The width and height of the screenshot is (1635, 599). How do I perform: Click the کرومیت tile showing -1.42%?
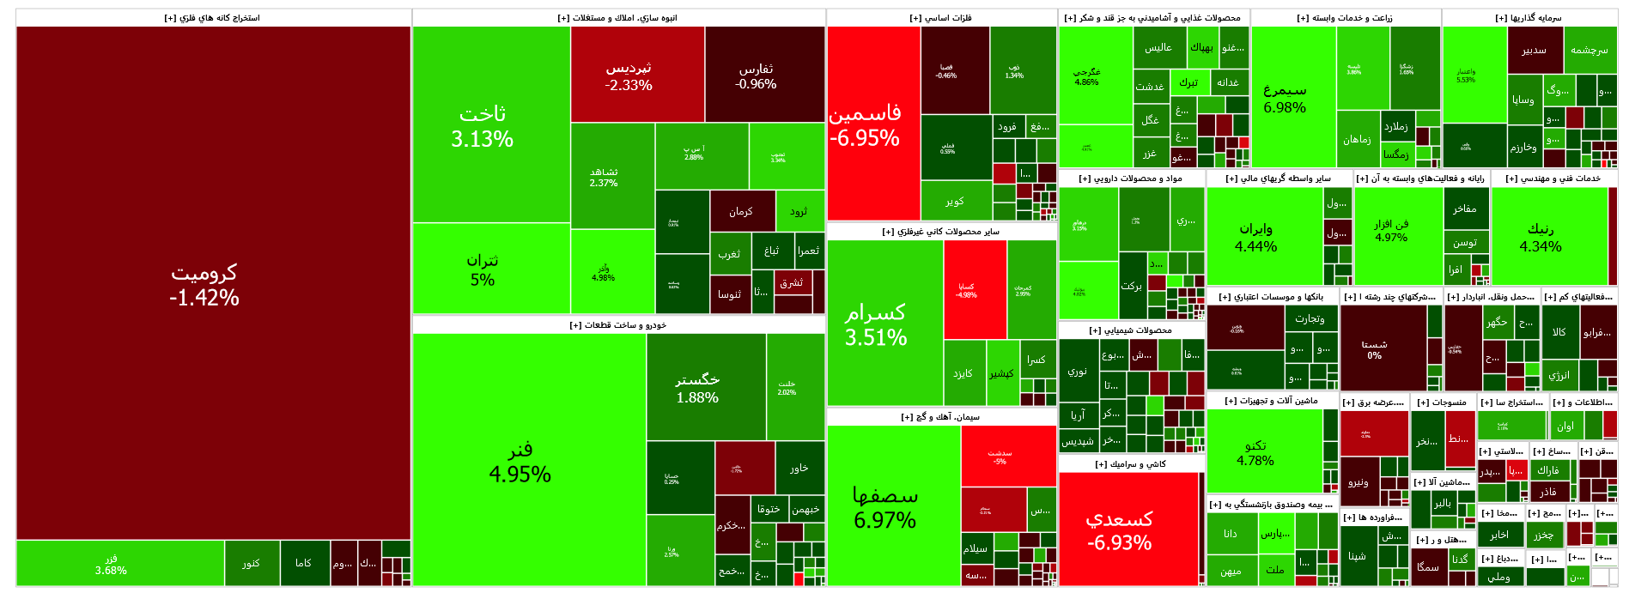click(204, 285)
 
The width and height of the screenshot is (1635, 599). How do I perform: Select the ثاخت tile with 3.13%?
click(483, 126)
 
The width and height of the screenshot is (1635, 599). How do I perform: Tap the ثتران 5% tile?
click(483, 269)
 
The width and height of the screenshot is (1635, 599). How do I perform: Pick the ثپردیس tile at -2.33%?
click(629, 76)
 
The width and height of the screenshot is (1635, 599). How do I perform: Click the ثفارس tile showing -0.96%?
click(756, 76)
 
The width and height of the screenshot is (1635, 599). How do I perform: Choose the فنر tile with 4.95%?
click(520, 462)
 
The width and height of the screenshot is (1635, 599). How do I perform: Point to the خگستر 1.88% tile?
click(697, 388)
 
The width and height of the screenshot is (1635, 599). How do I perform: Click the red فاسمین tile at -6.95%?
click(865, 124)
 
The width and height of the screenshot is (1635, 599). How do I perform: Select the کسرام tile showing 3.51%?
click(876, 324)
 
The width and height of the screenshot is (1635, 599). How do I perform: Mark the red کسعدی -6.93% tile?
click(1119, 530)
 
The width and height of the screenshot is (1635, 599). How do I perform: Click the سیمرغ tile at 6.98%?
click(1285, 98)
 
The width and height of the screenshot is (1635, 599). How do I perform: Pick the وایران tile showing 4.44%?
click(1255, 237)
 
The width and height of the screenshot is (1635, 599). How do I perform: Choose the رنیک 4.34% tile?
click(1541, 237)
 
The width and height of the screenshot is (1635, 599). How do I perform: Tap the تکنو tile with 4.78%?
click(1255, 452)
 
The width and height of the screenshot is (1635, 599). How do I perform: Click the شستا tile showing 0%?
click(1374, 349)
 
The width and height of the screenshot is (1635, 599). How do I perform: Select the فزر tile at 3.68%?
click(112, 564)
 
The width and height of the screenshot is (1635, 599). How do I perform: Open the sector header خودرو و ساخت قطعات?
click(618, 325)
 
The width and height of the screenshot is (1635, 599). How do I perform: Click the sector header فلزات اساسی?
click(941, 18)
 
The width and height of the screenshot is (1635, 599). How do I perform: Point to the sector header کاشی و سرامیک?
click(1131, 464)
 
